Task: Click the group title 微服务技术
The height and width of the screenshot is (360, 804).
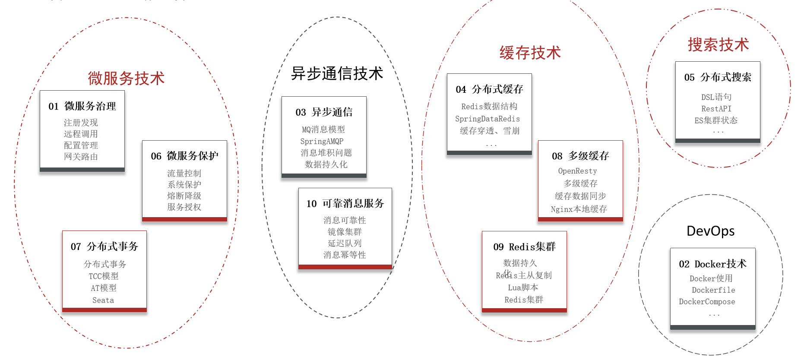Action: pyautogui.click(x=126, y=79)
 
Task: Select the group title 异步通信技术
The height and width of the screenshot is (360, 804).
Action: pyautogui.click(x=337, y=73)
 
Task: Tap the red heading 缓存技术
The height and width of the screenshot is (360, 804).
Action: pyautogui.click(x=530, y=53)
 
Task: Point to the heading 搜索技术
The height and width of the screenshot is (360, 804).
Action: pyautogui.click(x=718, y=45)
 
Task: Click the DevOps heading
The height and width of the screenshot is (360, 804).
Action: pyautogui.click(x=710, y=231)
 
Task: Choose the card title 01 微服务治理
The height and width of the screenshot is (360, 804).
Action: pyautogui.click(x=82, y=106)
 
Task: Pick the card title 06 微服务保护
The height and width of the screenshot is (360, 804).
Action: pyautogui.click(x=184, y=156)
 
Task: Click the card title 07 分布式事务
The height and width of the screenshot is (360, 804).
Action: pyautogui.click(x=104, y=246)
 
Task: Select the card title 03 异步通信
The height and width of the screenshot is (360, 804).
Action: pyautogui.click(x=324, y=112)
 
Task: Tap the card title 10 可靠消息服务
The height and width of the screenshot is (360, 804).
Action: pyautogui.click(x=345, y=204)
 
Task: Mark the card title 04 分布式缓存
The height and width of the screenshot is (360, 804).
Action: pyautogui.click(x=489, y=89)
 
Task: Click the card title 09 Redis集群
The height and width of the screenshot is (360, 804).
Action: pyautogui.click(x=524, y=247)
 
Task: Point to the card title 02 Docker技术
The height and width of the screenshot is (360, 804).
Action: pyautogui.click(x=712, y=264)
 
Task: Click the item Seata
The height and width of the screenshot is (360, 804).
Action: pyautogui.click(x=103, y=300)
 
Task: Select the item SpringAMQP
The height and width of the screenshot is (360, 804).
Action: pyautogui.click(x=322, y=142)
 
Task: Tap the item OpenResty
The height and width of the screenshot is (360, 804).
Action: pyautogui.click(x=577, y=171)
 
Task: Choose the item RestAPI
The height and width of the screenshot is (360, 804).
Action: pyautogui.click(x=716, y=109)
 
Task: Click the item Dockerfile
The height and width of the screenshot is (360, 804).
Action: pyautogui.click(x=713, y=290)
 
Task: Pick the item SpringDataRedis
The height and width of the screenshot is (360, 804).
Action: pyautogui.click(x=487, y=119)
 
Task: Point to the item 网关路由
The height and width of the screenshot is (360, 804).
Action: pyautogui.click(x=81, y=157)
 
